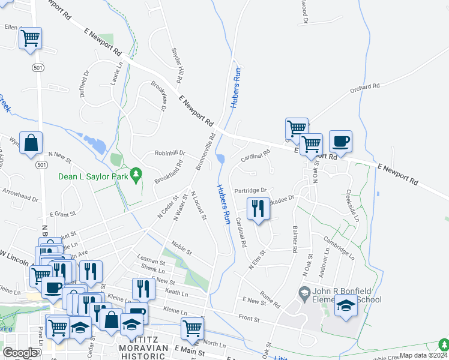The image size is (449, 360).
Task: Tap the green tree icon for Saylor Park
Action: tap(137, 174)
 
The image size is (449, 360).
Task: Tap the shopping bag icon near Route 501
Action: tap(31, 143)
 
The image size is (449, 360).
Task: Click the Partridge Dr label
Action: tap(250, 190)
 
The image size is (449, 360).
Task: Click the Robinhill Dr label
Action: tap(170, 153)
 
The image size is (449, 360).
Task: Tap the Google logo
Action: tap(20, 353)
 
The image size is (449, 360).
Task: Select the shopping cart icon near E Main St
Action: tap(192, 328)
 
